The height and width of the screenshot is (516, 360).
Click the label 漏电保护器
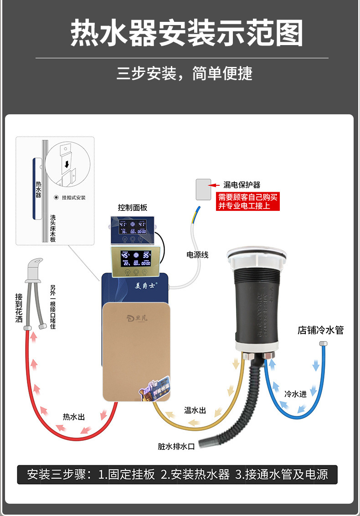coord(242,185)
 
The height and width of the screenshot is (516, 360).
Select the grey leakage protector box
coord(202,189)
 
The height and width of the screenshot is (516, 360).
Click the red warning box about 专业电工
coord(247,201)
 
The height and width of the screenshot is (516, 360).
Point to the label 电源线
coord(197,255)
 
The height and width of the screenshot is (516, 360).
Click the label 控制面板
coord(133,208)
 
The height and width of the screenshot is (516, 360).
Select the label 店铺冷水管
coord(320,330)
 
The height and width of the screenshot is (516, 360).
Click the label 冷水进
coord(295,394)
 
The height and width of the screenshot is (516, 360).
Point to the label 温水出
coord(195,410)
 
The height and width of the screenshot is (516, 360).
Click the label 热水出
coord(74,417)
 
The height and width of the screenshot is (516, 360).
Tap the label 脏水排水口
coord(176,447)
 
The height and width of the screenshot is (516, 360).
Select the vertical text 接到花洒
coord(19,308)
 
